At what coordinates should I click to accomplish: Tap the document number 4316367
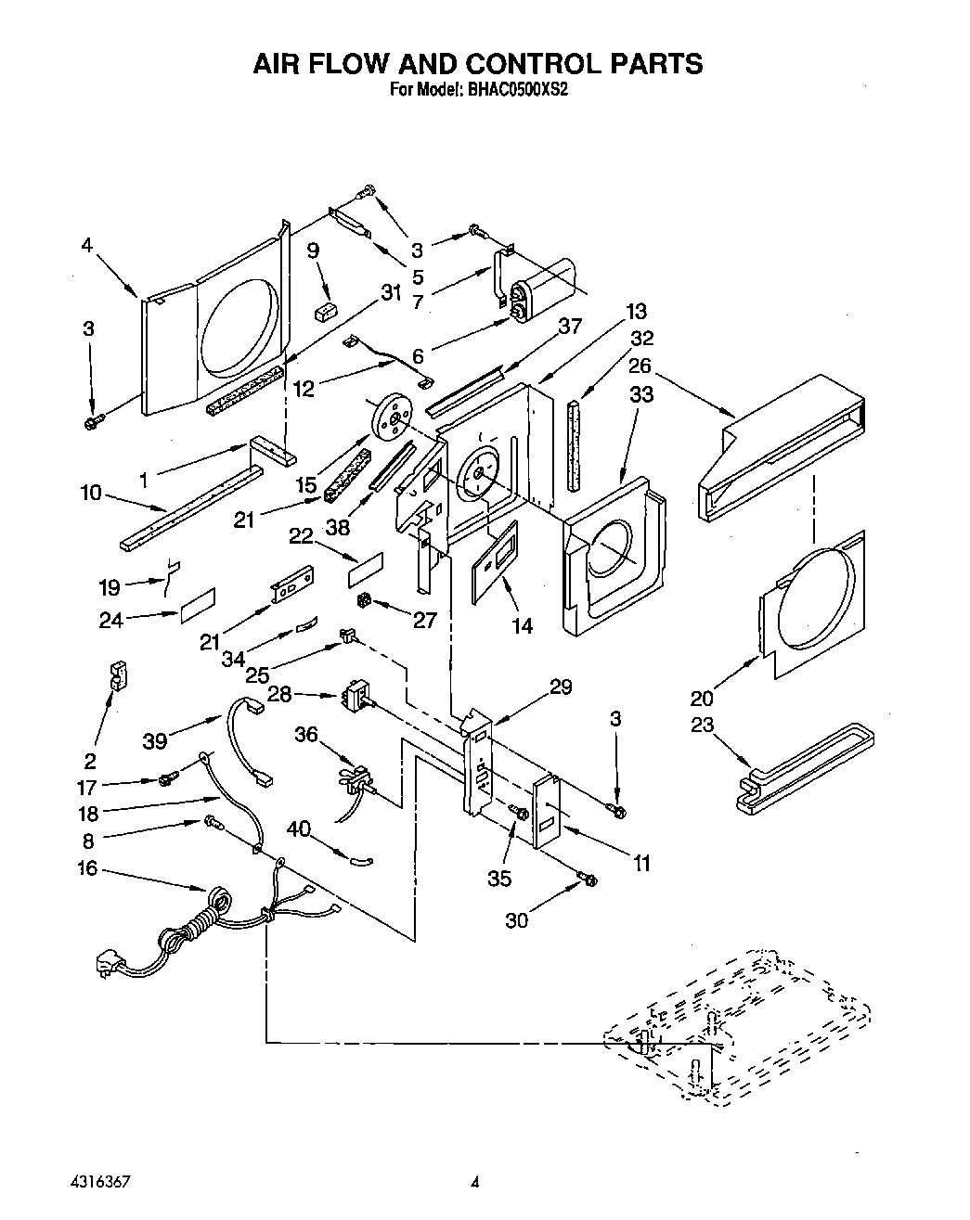[x=97, y=1182]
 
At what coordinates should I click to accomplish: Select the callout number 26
[x=640, y=366]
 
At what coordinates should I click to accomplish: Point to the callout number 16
[x=87, y=869]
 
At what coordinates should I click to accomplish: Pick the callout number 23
[x=702, y=725]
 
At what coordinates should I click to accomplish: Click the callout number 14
[x=523, y=626]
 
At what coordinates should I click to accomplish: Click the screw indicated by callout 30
[x=587, y=879]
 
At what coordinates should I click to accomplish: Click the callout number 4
[x=86, y=245]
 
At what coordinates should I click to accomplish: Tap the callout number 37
[x=569, y=326]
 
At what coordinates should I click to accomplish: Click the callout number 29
[x=561, y=687]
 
